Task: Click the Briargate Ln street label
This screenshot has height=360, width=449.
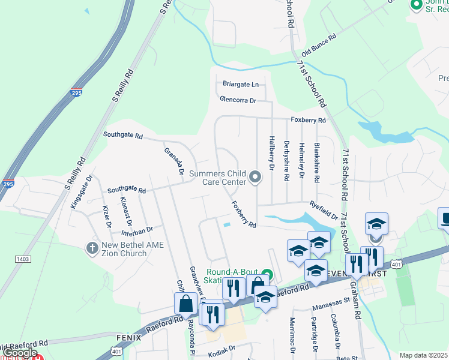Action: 240,85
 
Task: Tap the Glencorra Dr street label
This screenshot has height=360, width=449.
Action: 238,100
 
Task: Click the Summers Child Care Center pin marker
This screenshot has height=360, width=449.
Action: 256,176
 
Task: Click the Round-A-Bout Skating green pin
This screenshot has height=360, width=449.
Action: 267,275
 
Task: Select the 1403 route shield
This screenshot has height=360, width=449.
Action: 23,259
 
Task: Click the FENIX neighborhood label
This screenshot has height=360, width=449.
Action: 128,338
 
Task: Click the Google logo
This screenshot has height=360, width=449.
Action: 20,353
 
